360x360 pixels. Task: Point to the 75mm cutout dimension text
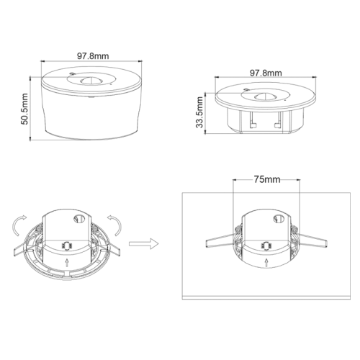pos(266,180)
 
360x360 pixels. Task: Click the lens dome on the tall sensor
pos(90,81)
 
